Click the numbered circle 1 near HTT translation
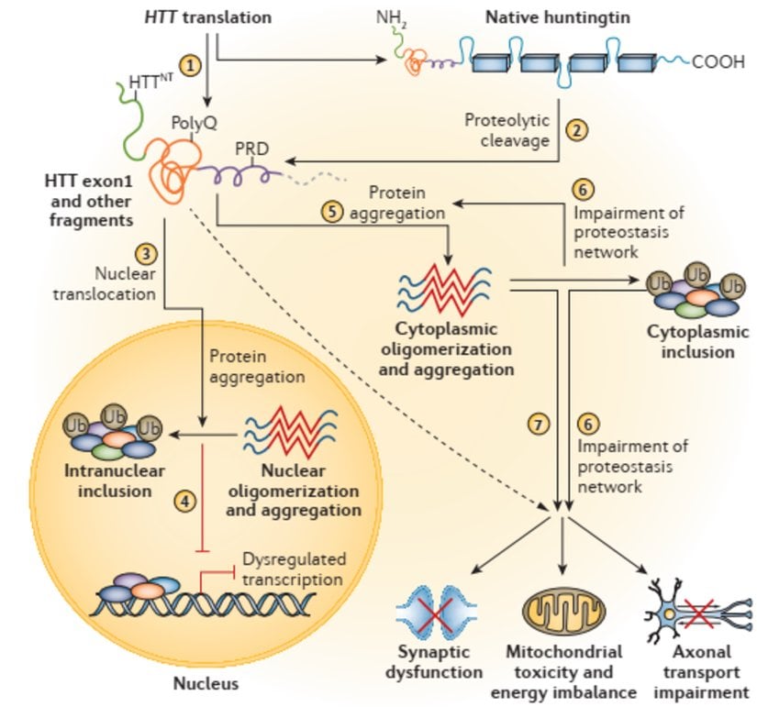[190, 66]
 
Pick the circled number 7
[538, 425]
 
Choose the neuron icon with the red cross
[698, 609]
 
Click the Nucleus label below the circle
[206, 683]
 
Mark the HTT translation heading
[209, 17]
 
